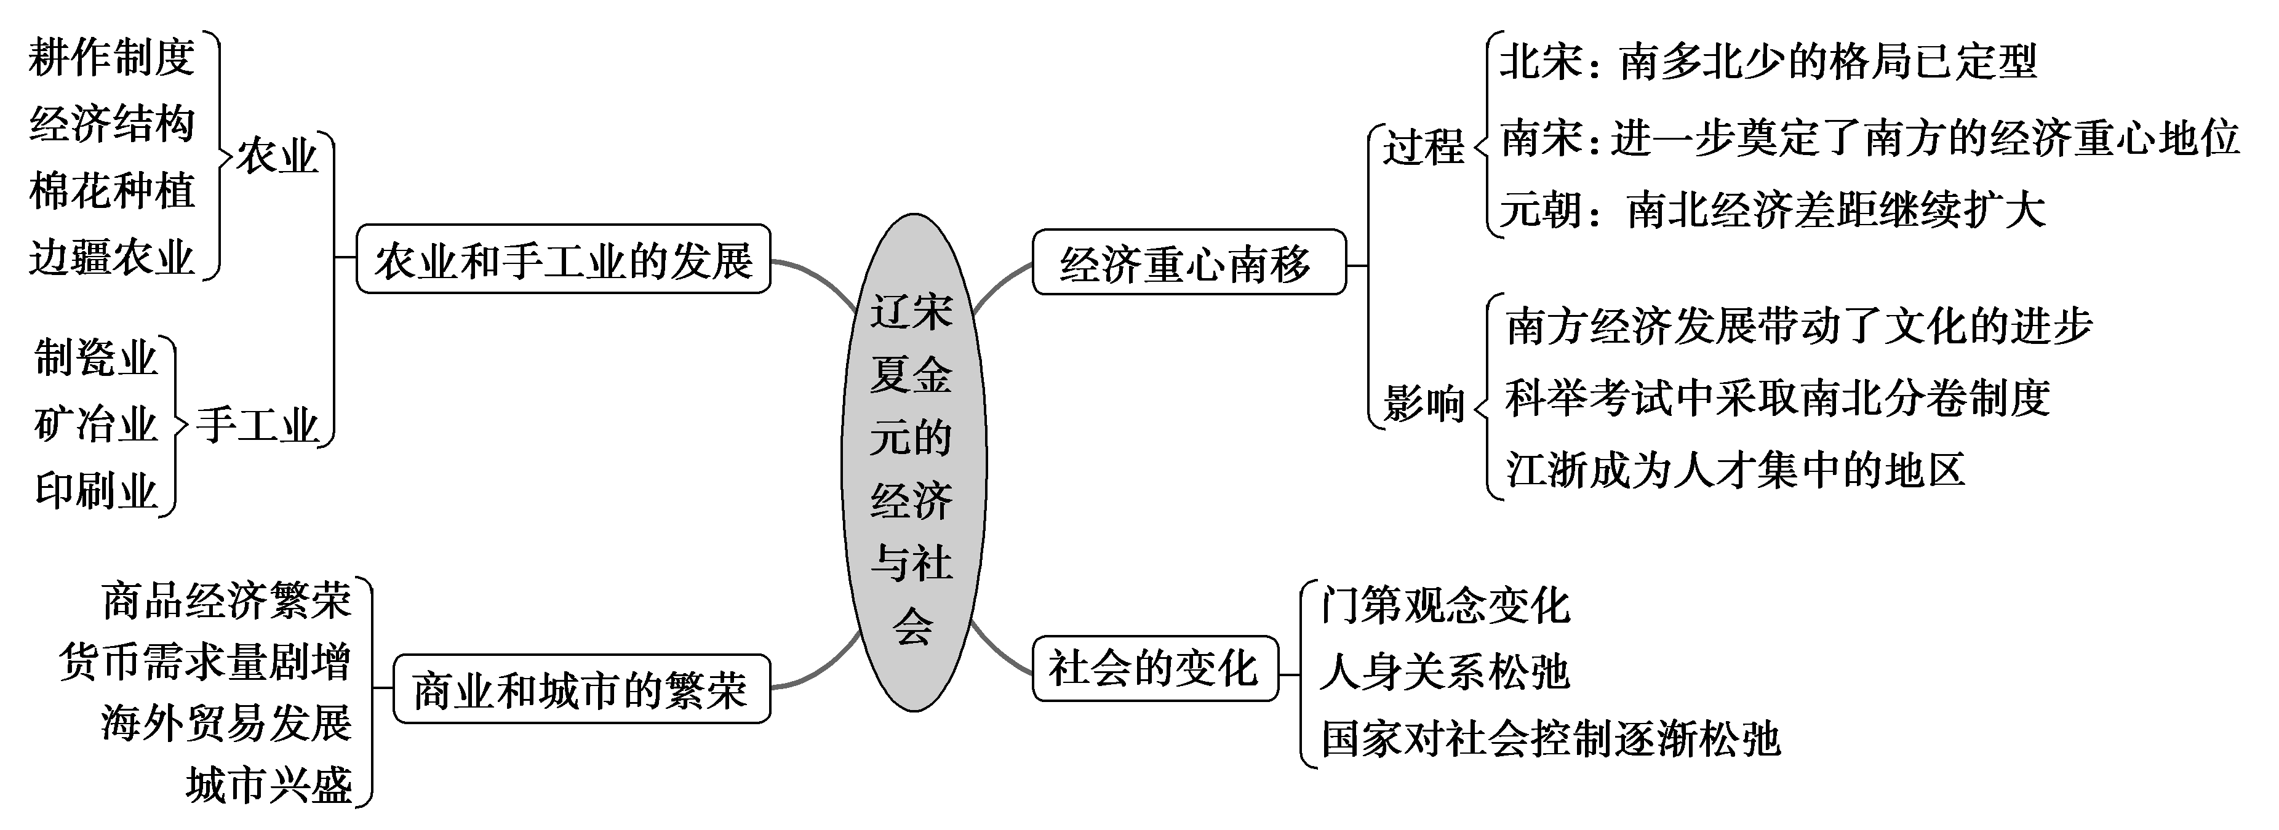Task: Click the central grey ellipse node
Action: pos(913,463)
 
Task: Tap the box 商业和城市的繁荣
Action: pos(581,689)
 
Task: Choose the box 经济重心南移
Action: pos(1188,263)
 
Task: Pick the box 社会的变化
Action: pos(1154,668)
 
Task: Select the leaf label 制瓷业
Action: pos(95,358)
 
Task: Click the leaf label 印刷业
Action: pos(95,490)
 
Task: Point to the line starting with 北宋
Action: pos(1768,62)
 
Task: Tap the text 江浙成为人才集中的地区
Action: pos(1735,469)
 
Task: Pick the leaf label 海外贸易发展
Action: pos(226,723)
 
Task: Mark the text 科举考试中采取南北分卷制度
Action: pos(1778,398)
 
